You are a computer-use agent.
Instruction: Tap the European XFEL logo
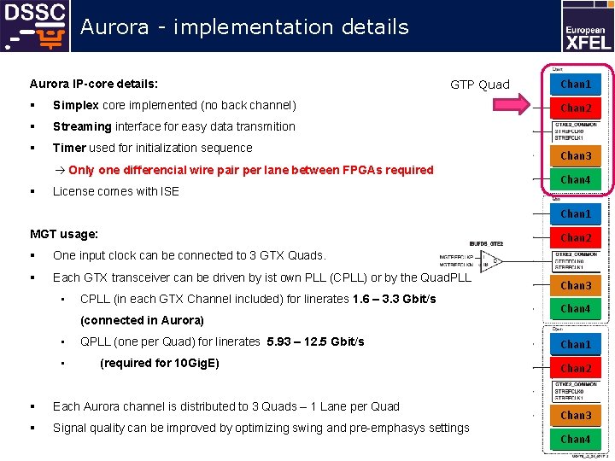[x=586, y=26]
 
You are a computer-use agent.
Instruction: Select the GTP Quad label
[x=479, y=85]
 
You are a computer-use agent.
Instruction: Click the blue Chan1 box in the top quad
[x=575, y=85]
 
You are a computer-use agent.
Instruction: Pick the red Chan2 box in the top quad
[x=575, y=108]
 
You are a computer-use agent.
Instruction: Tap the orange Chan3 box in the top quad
[x=575, y=156]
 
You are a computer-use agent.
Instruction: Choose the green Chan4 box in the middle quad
[x=575, y=309]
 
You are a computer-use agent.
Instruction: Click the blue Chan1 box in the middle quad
[x=575, y=214]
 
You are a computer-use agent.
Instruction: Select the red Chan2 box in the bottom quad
[x=575, y=369]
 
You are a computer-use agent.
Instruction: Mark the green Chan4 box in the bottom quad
[x=575, y=440]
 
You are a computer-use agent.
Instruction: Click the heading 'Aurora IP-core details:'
[x=94, y=84]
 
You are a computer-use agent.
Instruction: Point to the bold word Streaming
[x=82, y=126]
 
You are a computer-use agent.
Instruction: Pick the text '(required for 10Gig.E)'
[x=160, y=363]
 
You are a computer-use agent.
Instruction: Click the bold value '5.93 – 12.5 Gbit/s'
[x=315, y=341]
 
